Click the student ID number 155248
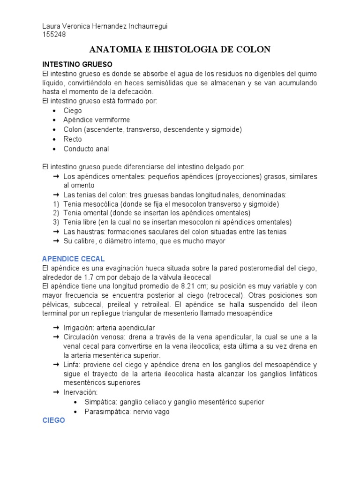point(53,34)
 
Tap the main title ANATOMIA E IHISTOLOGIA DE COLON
point(180,50)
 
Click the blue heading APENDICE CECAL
point(73,259)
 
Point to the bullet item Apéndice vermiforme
point(97,120)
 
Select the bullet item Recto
point(73,139)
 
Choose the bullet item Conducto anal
point(86,149)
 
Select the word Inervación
point(81,392)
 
